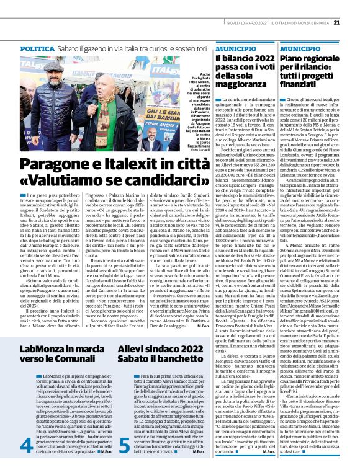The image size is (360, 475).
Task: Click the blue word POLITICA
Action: [x=42, y=48]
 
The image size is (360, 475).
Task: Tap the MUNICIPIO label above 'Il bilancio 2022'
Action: [x=234, y=48]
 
